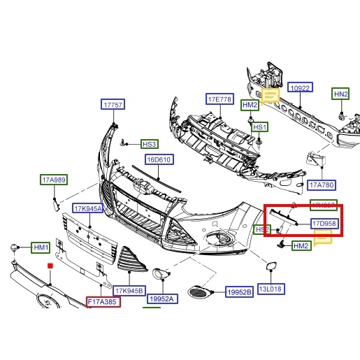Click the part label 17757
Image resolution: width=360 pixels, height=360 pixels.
[x=113, y=105]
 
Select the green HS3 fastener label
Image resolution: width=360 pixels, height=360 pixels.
[x=150, y=144]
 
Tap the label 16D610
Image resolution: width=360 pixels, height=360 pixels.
[x=159, y=159]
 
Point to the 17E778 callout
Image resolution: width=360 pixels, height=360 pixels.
[x=219, y=99]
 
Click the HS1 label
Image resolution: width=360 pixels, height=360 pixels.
[x=260, y=127]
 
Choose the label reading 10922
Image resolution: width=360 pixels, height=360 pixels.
[x=300, y=88]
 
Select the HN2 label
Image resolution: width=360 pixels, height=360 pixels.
[x=340, y=94]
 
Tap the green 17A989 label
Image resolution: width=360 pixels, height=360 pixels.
[x=53, y=180]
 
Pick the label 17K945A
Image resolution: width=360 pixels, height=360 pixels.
[x=88, y=208]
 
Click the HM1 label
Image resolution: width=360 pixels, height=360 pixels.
[x=42, y=248]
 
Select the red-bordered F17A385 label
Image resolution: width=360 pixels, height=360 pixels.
[x=103, y=302]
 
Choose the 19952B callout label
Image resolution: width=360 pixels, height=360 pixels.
[x=239, y=293]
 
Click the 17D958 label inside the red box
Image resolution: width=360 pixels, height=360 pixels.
[x=324, y=224]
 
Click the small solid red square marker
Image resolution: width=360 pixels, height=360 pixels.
[x=50, y=266]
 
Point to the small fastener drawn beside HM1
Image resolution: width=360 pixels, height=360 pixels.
[x=13, y=247]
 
